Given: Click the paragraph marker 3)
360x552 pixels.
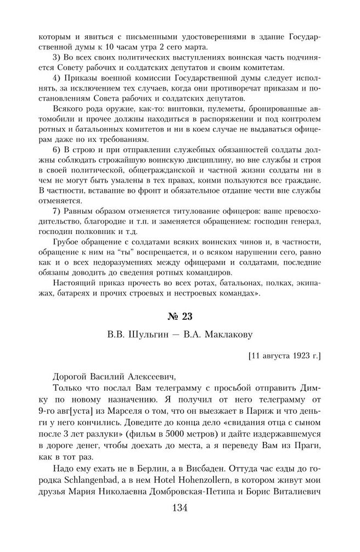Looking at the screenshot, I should coord(57,58).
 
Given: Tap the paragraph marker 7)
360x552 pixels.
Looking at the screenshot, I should coord(57,211).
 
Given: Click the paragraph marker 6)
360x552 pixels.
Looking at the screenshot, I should coord(57,158).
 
